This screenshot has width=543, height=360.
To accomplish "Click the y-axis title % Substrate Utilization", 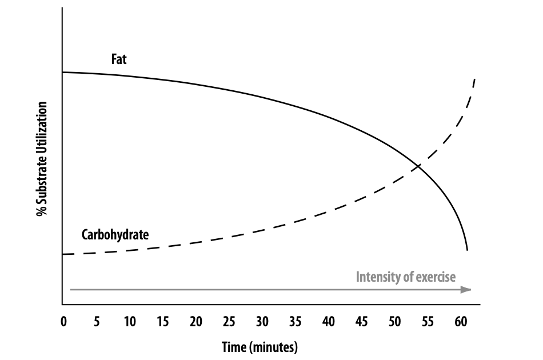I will (x=42, y=159).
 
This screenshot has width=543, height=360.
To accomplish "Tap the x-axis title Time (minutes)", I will (x=260, y=346).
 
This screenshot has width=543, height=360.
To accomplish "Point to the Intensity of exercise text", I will (x=406, y=277).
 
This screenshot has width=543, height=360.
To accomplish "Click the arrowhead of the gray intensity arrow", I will (x=466, y=290).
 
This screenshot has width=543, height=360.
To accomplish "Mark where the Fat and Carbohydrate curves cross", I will (x=419, y=166).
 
